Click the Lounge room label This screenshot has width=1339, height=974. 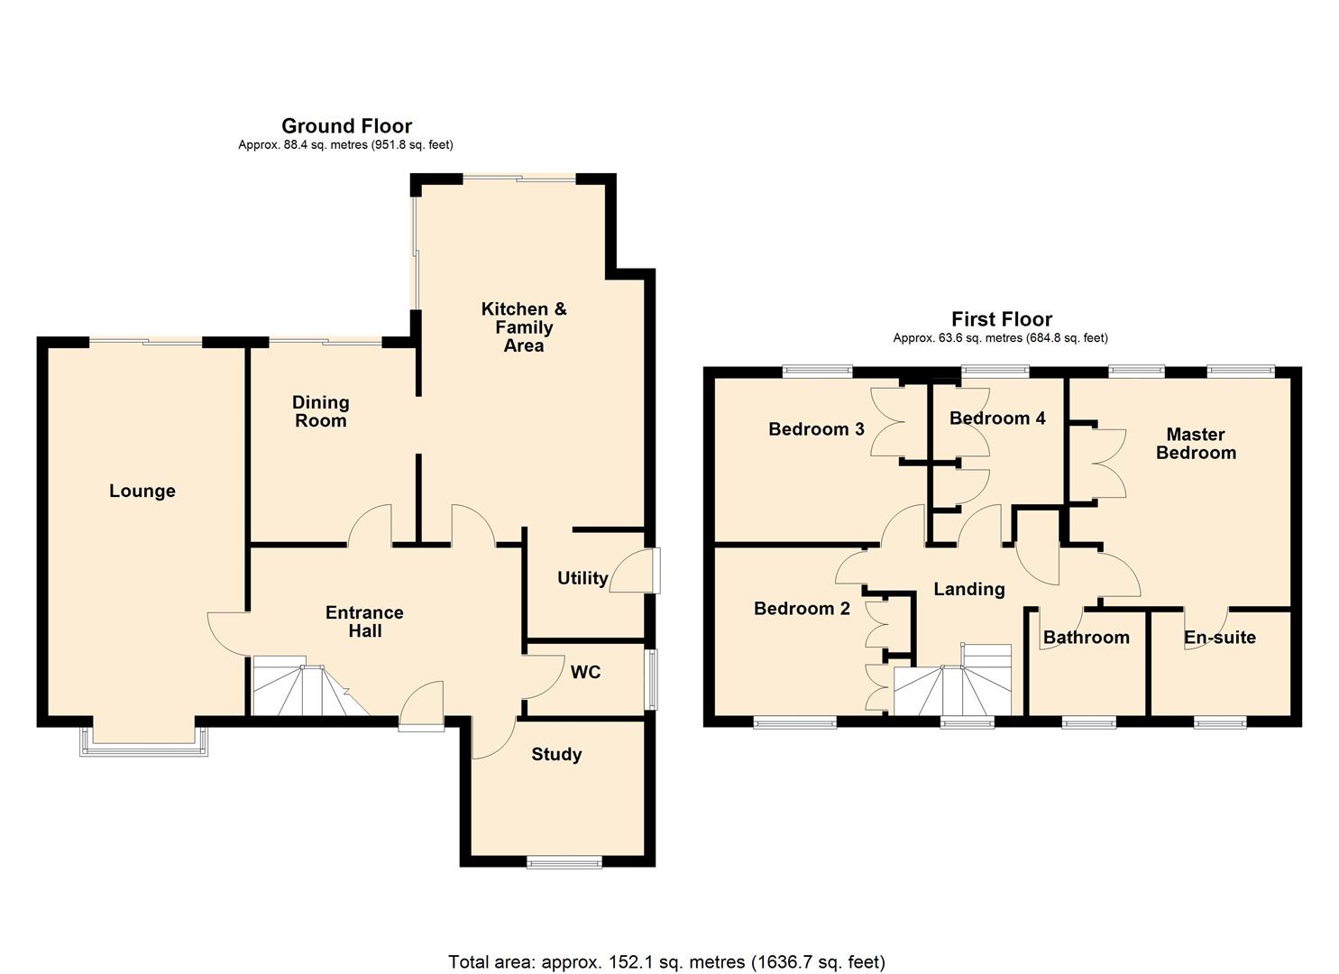point(142,491)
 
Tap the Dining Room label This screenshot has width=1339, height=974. point(320,411)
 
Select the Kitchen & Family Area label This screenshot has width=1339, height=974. point(524,326)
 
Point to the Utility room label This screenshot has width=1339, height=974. point(582,578)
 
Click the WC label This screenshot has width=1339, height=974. point(585,672)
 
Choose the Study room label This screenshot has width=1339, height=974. point(556,754)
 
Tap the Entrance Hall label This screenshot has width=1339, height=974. point(364,621)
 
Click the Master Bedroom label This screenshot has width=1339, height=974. point(1196,444)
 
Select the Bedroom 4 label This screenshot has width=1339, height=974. point(997,418)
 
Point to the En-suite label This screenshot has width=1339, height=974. point(1219,638)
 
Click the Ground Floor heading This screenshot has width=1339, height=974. point(346,126)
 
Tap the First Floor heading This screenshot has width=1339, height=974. point(1001,319)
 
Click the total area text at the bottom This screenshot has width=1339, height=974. point(666,961)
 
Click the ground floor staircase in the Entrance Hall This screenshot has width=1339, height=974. point(302,690)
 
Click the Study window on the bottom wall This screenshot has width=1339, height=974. point(564,862)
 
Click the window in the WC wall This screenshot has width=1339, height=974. point(650,679)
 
